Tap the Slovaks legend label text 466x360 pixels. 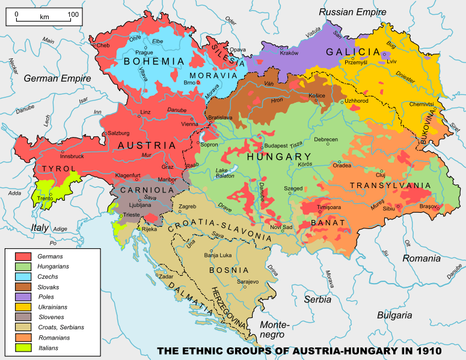pyautogui.click(x=48, y=287)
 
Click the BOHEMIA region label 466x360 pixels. pyautogui.click(x=154, y=61)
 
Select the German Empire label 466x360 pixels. pyautogui.click(x=57, y=79)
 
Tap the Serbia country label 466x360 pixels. pyautogui.click(x=317, y=299)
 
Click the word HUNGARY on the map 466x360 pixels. pyautogui.click(x=277, y=157)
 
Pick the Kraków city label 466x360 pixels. pyautogui.click(x=289, y=53)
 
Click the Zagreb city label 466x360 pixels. pyautogui.click(x=188, y=207)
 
